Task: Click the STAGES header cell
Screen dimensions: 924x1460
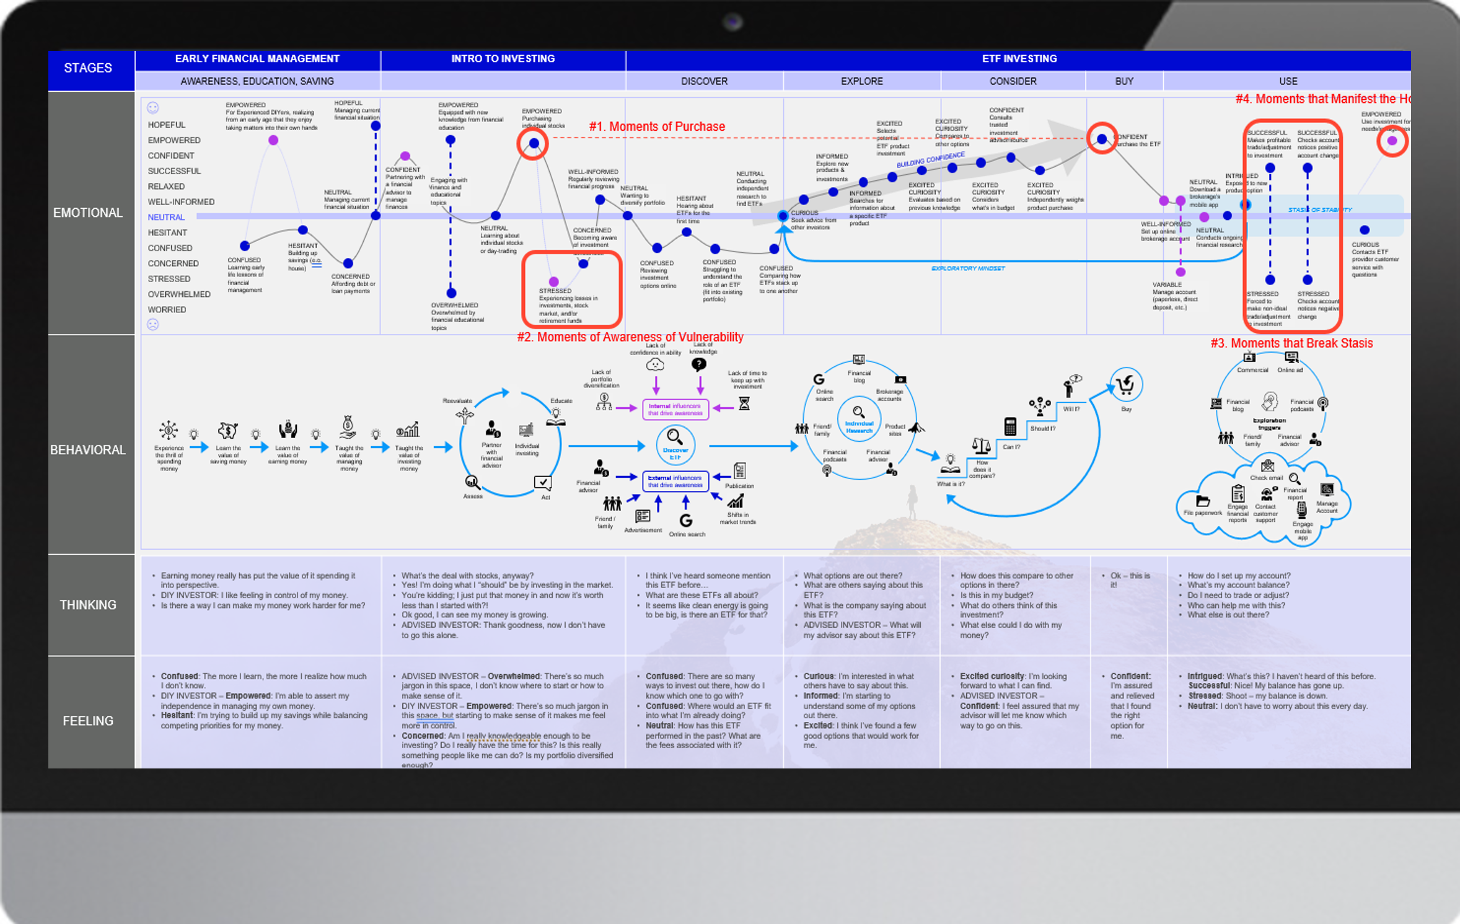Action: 88,68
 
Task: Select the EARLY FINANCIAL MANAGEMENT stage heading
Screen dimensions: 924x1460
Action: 257,59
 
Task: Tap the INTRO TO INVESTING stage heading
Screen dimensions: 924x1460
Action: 503,59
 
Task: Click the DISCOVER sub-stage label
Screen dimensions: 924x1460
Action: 704,81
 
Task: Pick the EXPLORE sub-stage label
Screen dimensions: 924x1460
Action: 861,81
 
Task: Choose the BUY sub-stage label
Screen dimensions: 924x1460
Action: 1124,81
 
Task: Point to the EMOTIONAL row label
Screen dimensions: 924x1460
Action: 88,213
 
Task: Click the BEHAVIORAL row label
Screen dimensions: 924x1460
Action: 88,450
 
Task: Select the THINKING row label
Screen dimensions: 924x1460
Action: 88,605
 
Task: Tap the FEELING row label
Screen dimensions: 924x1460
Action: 88,721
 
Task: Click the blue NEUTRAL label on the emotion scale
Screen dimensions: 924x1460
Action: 166,218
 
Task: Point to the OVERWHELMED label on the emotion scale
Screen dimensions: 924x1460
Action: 179,294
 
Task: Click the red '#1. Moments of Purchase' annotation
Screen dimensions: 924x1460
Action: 657,126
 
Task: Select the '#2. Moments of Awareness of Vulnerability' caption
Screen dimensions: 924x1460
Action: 630,337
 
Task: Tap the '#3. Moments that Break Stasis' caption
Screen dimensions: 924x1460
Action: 1291,343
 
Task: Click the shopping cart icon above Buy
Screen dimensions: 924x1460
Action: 1125,385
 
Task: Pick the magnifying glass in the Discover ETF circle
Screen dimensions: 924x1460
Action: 674,436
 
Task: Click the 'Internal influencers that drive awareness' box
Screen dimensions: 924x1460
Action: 675,410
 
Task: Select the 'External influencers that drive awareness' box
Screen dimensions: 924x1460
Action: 675,482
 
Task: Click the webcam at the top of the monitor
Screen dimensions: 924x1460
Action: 732,22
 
